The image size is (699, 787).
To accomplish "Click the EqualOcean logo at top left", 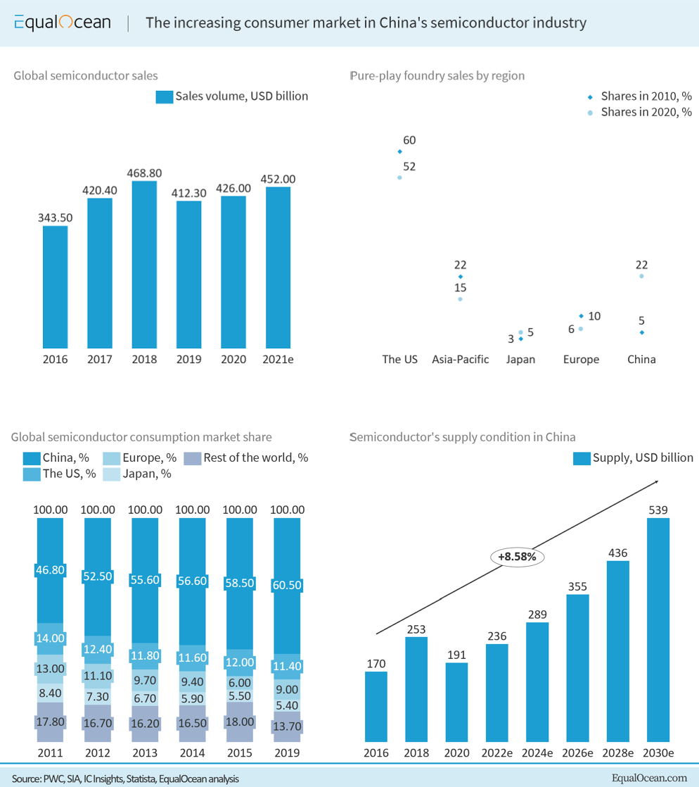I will point(62,23).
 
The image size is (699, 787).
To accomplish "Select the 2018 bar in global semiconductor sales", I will point(144,265).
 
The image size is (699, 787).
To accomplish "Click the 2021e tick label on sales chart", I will point(278,359).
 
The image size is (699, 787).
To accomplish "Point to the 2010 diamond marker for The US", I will point(399,151).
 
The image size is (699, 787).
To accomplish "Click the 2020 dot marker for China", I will point(641,276).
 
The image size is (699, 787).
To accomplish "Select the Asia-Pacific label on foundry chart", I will point(461,359).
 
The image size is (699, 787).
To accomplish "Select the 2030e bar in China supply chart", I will point(658,629).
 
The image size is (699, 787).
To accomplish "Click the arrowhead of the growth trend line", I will point(655,481).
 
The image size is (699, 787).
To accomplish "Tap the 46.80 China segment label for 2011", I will point(50,570).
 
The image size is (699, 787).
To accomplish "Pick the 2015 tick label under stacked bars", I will point(238,753).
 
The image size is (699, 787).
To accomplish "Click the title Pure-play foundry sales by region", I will point(437,75).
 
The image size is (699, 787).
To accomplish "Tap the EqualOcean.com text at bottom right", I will point(649,777).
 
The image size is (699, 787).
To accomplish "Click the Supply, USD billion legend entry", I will point(633,458).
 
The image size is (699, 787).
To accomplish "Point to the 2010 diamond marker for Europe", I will point(582,316).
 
